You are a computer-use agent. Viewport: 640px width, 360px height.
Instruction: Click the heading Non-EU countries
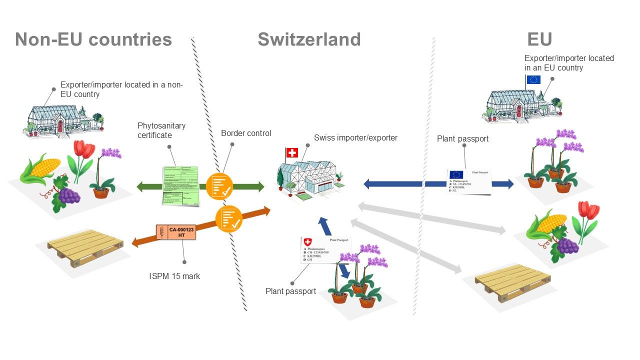pyautogui.click(x=93, y=39)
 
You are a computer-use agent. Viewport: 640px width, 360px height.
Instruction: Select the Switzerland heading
pyautogui.click(x=309, y=39)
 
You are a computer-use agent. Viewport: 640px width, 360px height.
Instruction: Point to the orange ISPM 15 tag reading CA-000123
pyautogui.click(x=175, y=232)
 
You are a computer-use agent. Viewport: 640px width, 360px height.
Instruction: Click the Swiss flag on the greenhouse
pyautogui.click(x=291, y=152)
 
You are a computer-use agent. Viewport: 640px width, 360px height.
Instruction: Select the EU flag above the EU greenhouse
pyautogui.click(x=533, y=79)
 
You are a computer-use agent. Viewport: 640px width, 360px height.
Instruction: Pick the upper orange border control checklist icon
pyautogui.click(x=219, y=185)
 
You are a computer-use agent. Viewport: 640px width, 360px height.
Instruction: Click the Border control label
pyautogui.click(x=246, y=133)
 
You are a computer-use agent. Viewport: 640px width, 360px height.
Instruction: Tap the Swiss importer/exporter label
pyautogui.click(x=355, y=137)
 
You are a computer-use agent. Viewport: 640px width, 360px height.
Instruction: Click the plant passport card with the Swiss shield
pyautogui.click(x=323, y=250)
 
